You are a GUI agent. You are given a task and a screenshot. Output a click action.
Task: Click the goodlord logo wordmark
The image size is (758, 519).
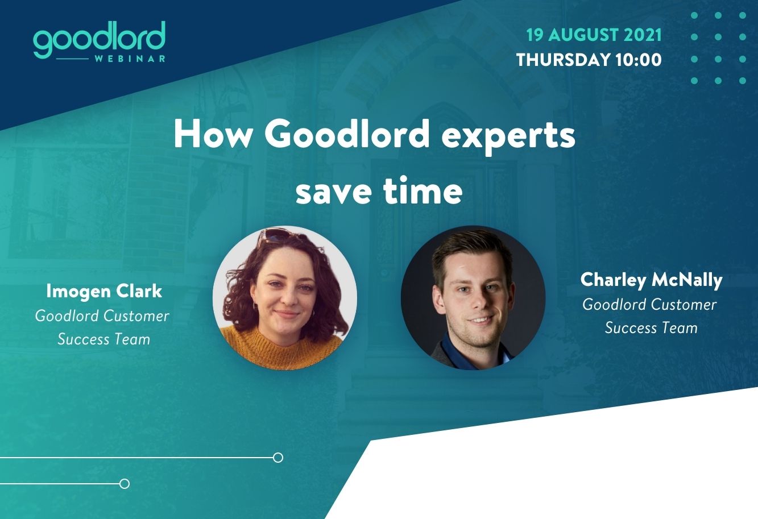click(x=99, y=38)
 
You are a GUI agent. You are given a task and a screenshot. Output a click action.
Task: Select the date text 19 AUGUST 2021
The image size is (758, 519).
click(x=594, y=35)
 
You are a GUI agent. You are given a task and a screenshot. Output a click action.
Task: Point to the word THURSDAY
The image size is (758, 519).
click(x=563, y=60)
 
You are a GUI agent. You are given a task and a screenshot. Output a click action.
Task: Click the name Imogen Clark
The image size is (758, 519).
click(x=104, y=291)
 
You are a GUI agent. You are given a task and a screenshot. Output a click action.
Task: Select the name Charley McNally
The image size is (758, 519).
click(x=651, y=280)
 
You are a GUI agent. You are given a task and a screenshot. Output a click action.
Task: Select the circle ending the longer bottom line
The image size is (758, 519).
click(x=278, y=458)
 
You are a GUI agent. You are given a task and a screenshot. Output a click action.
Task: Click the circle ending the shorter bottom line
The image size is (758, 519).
click(x=125, y=484)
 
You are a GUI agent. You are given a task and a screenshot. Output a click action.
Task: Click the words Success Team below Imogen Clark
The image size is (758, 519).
click(x=104, y=339)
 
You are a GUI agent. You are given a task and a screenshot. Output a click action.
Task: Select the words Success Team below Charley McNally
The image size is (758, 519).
click(x=651, y=328)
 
